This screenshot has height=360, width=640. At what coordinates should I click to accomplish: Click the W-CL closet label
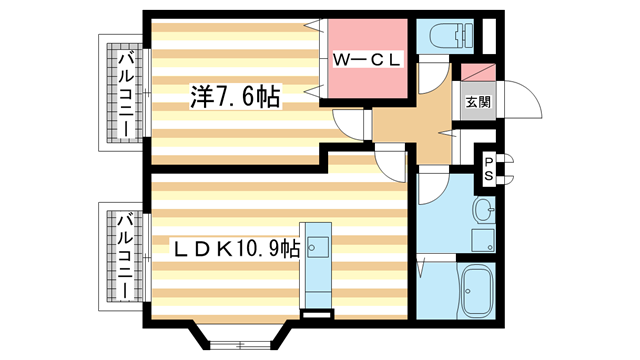point(366,58)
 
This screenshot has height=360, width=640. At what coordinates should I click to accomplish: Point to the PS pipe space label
point(489,167)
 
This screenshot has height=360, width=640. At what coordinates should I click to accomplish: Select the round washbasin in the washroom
point(483,211)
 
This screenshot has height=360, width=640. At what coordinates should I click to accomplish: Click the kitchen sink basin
point(319,244)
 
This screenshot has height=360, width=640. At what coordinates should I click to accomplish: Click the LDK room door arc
point(389,158)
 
